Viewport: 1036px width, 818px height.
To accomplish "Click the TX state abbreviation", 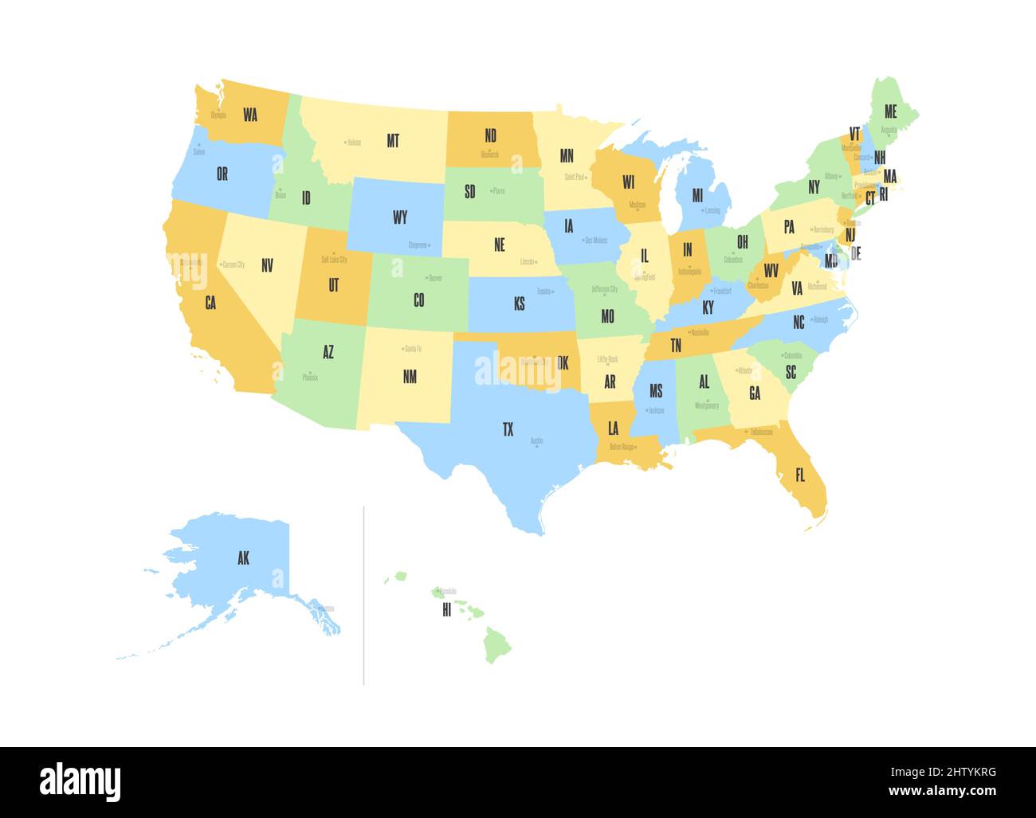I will click(508, 430).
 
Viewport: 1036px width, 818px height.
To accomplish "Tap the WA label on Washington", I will click(250, 115).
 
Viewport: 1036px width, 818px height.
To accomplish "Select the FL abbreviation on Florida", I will click(800, 476).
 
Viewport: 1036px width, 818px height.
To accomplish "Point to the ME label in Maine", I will click(890, 112).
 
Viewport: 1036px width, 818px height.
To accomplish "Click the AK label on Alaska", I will click(243, 558).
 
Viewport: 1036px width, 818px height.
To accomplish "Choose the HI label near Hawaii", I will click(446, 610).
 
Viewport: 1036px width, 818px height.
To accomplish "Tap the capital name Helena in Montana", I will click(354, 143).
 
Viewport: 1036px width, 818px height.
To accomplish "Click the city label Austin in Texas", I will click(536, 440).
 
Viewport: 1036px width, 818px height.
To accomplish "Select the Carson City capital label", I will click(233, 264).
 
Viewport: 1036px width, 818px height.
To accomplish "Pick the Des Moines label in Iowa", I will click(595, 240).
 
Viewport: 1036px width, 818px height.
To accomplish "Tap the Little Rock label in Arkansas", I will click(607, 359).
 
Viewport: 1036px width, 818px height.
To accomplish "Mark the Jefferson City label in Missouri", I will click(605, 289).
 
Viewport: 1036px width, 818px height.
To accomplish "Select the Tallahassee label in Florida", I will click(760, 432).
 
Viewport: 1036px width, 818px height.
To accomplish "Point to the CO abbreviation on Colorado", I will click(419, 300).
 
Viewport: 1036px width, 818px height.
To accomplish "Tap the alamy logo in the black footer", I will click(80, 781).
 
